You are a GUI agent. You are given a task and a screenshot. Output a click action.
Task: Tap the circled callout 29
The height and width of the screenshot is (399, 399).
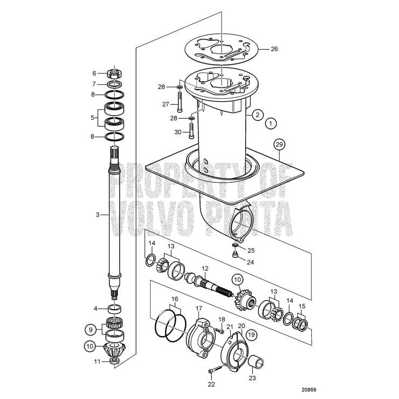click(279, 144)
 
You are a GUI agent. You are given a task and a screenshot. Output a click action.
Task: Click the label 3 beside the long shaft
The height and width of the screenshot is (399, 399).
click(98, 215)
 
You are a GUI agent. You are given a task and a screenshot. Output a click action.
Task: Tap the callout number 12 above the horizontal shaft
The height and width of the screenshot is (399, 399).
click(204, 268)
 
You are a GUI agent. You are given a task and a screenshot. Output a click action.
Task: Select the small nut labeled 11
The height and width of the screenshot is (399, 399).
click(114, 361)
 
